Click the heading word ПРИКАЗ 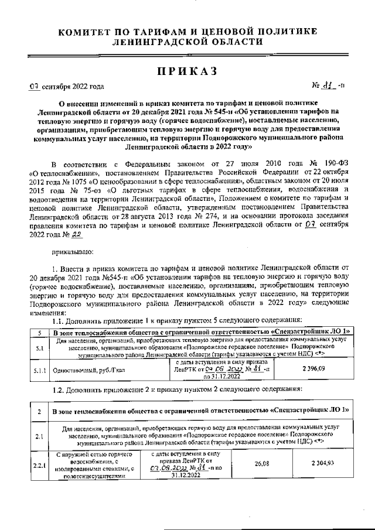(x=187, y=71)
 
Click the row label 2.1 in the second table (x=39, y=436)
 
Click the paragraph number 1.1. (x=59, y=322)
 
